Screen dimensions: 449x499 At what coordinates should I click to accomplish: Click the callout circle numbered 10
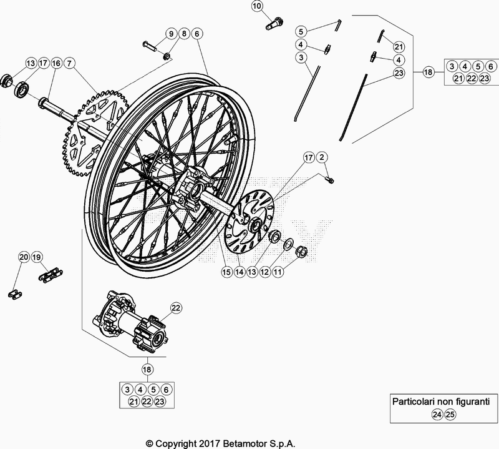(x=257, y=7)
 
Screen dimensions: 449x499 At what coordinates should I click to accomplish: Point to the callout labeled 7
(x=69, y=63)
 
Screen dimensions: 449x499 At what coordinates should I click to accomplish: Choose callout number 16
(x=56, y=63)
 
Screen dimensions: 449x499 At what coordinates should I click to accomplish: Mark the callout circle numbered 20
(x=23, y=257)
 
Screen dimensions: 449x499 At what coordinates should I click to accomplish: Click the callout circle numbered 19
(x=37, y=257)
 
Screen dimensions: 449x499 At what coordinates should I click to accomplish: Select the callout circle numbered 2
(x=322, y=157)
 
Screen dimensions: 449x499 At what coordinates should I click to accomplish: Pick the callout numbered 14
(x=240, y=272)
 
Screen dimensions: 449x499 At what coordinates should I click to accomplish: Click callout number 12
(x=264, y=272)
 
